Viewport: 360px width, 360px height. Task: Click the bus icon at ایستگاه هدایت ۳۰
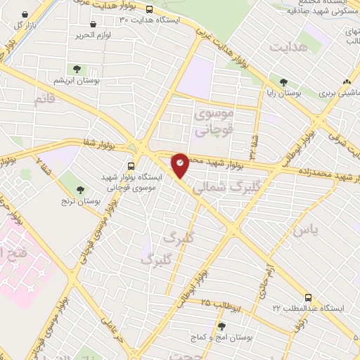tap(149, 9)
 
